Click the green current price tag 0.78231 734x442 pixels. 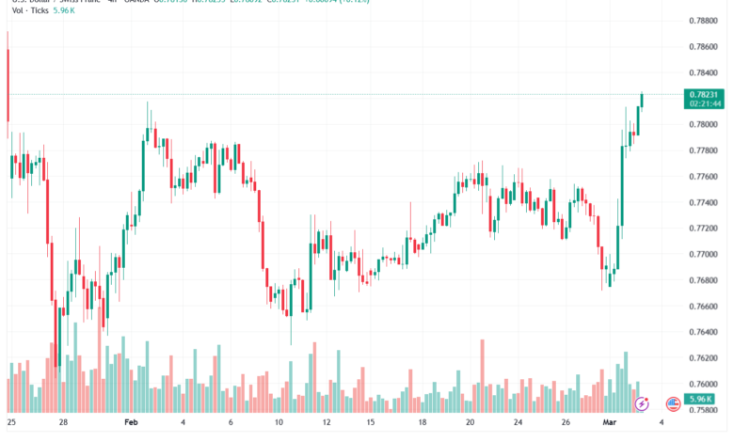tap(704, 94)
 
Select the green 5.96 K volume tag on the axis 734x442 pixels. tap(704, 399)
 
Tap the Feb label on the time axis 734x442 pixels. tap(133, 423)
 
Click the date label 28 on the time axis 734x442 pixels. tap(62, 423)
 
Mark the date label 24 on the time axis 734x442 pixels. tap(518, 423)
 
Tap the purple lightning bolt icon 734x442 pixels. tap(643, 403)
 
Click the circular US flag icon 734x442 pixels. tap(673, 403)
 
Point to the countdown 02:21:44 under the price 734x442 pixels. tap(704, 104)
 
